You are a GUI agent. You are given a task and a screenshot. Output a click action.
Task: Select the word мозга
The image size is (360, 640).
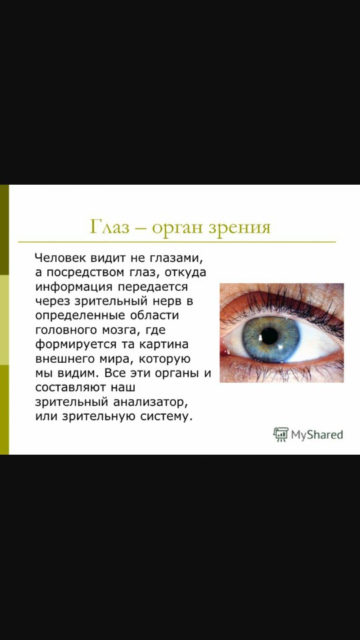124,331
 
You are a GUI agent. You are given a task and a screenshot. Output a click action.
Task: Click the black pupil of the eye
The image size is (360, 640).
269,335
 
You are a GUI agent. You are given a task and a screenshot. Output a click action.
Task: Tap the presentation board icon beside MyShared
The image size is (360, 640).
281,435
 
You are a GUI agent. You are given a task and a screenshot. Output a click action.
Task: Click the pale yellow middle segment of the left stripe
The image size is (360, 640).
4,319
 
